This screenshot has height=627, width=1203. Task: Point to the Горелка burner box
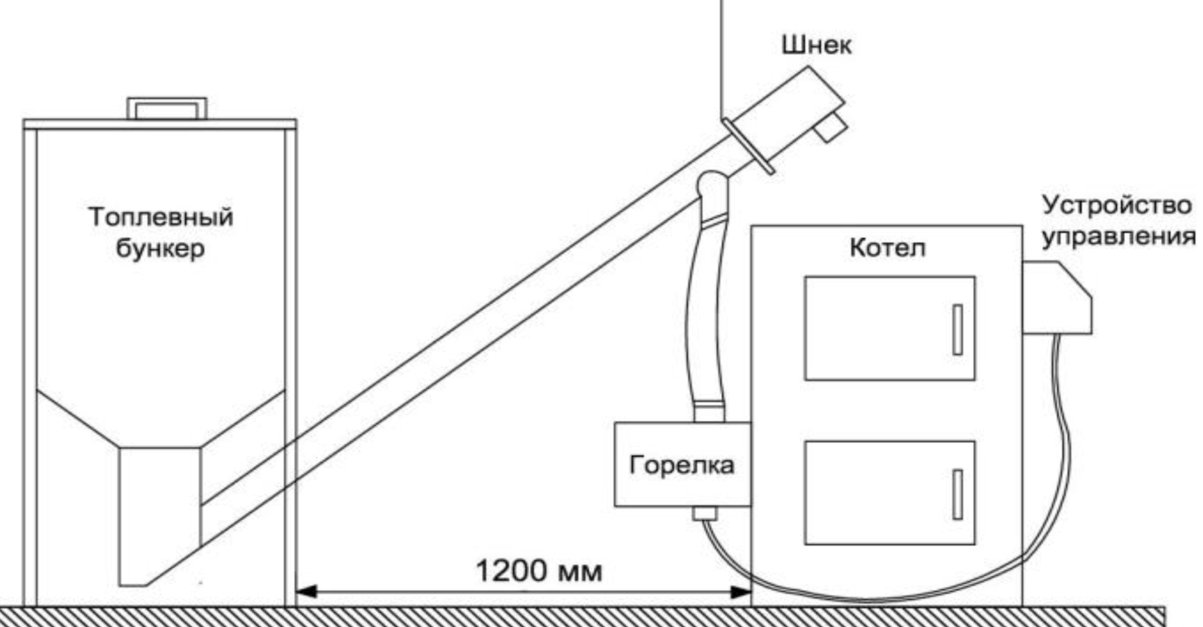coord(682,465)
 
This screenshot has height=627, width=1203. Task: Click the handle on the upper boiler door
coord(957,329)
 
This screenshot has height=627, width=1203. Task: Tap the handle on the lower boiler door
coord(957,494)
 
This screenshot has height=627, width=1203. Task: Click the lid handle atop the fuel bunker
coord(167,107)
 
